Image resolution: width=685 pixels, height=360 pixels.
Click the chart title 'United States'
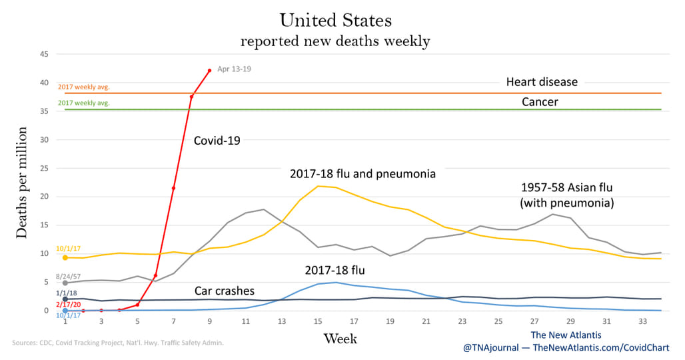[336, 20]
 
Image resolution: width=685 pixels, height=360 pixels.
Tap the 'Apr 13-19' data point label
[234, 69]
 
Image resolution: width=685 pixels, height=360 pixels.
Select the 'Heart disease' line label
[542, 82]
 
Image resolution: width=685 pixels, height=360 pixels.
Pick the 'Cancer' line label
[540, 102]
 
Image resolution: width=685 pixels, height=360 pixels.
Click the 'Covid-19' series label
[217, 141]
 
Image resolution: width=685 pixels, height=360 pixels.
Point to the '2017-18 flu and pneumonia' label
[362, 174]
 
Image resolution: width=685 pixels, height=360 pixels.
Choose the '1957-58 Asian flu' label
[566, 188]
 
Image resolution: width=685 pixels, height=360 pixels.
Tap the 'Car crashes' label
[225, 291]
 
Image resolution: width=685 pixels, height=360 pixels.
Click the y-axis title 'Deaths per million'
[21, 183]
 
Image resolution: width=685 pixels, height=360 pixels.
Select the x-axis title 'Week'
[341, 339]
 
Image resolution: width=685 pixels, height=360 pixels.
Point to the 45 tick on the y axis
[44, 54]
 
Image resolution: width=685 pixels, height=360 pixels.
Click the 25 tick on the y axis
[44, 168]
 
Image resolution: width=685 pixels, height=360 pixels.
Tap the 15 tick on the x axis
[318, 321]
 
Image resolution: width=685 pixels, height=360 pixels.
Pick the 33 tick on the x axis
[642, 321]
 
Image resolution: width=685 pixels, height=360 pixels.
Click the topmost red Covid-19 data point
[210, 71]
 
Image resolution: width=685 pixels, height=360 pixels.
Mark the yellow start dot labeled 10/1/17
[65, 258]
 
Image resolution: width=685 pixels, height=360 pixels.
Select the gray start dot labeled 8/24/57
[65, 283]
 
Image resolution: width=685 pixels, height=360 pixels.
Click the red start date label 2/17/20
[68, 305]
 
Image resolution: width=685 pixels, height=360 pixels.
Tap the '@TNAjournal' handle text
[491, 348]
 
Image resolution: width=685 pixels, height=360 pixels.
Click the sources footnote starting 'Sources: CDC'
[118, 343]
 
